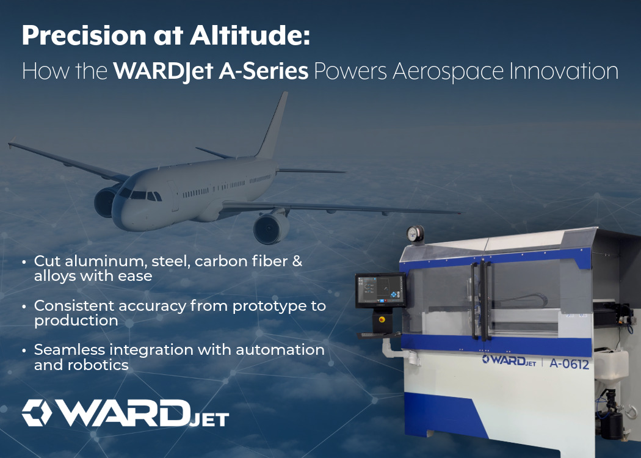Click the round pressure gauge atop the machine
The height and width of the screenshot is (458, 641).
pos(415,233)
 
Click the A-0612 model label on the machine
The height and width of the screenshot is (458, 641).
pos(570,365)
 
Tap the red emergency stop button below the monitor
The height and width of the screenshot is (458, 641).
pos(383,319)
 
